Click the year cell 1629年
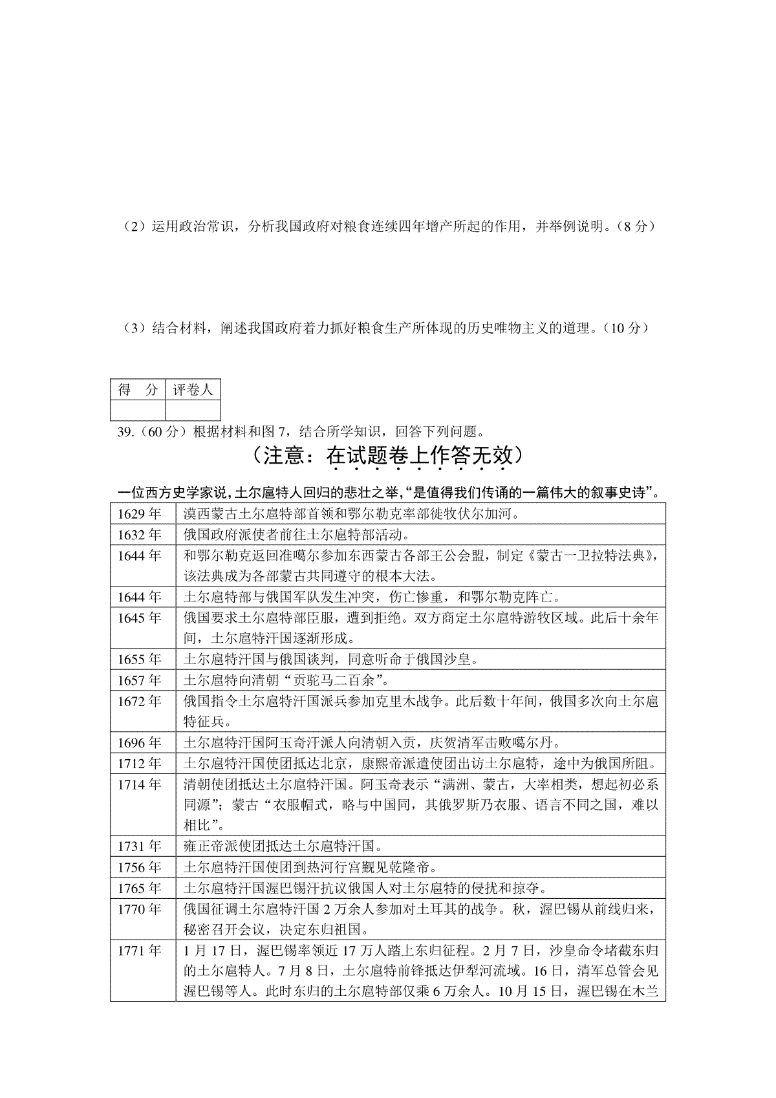(139, 514)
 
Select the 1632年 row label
(139, 535)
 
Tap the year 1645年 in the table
(139, 618)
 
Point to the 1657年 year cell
(139, 680)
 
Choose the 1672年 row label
(139, 701)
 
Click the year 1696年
(139, 742)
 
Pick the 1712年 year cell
(139, 763)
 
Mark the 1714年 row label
(139, 784)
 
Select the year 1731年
(139, 846)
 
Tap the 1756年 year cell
(139, 867)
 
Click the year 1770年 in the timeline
(139, 909)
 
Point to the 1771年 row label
(139, 950)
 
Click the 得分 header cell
(138, 389)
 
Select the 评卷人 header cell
(193, 389)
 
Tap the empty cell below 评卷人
(193, 410)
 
